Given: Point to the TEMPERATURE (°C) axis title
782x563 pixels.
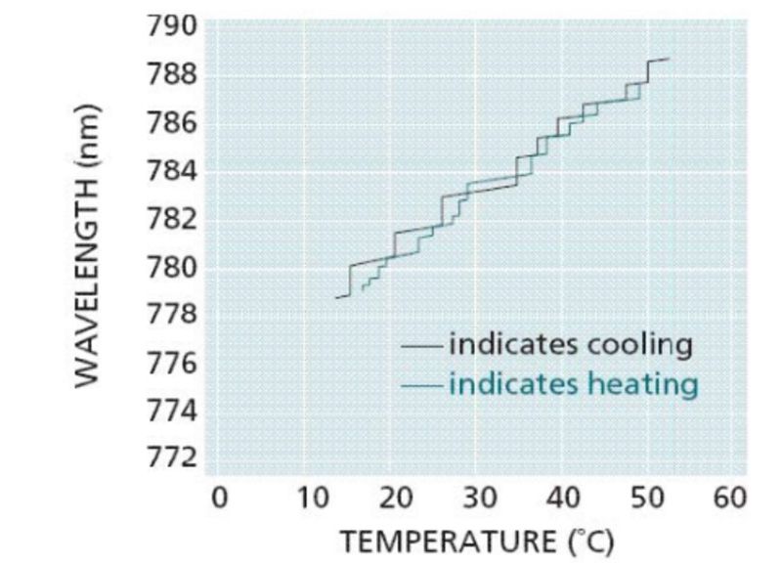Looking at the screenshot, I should coord(476,539).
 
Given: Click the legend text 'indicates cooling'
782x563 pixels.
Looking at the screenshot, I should coord(571,344).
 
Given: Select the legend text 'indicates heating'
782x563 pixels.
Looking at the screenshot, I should coord(574,383).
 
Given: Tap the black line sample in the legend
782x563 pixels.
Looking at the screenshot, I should coord(422,345).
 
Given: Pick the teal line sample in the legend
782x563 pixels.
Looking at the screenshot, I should coord(422,385).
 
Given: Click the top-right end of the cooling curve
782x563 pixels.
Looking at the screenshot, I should coord(669,60).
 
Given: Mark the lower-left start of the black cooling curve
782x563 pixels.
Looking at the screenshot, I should coord(336,296).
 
